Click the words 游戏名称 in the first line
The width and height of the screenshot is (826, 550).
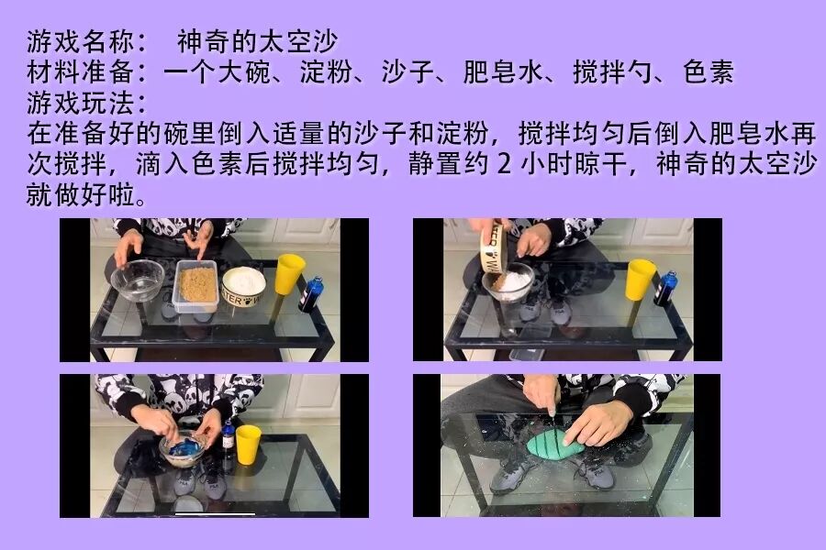81,41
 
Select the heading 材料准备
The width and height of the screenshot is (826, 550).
81,72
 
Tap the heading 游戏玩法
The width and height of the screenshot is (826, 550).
81,103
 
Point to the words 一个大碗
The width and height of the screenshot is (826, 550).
218,72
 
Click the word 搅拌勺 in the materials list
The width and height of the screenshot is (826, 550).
614,72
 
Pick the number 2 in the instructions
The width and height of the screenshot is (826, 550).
504,164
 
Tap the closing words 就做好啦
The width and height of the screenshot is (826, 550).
81,194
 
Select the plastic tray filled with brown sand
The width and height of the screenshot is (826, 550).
196,286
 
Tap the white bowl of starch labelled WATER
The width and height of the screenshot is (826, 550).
244,287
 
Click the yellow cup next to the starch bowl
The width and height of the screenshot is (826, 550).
289,275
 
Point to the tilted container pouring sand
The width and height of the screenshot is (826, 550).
496,247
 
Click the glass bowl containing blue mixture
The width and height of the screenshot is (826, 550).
183,448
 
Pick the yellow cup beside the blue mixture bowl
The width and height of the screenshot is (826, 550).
248,445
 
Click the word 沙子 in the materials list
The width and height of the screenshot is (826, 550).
408,72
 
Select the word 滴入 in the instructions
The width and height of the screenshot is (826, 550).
162,164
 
